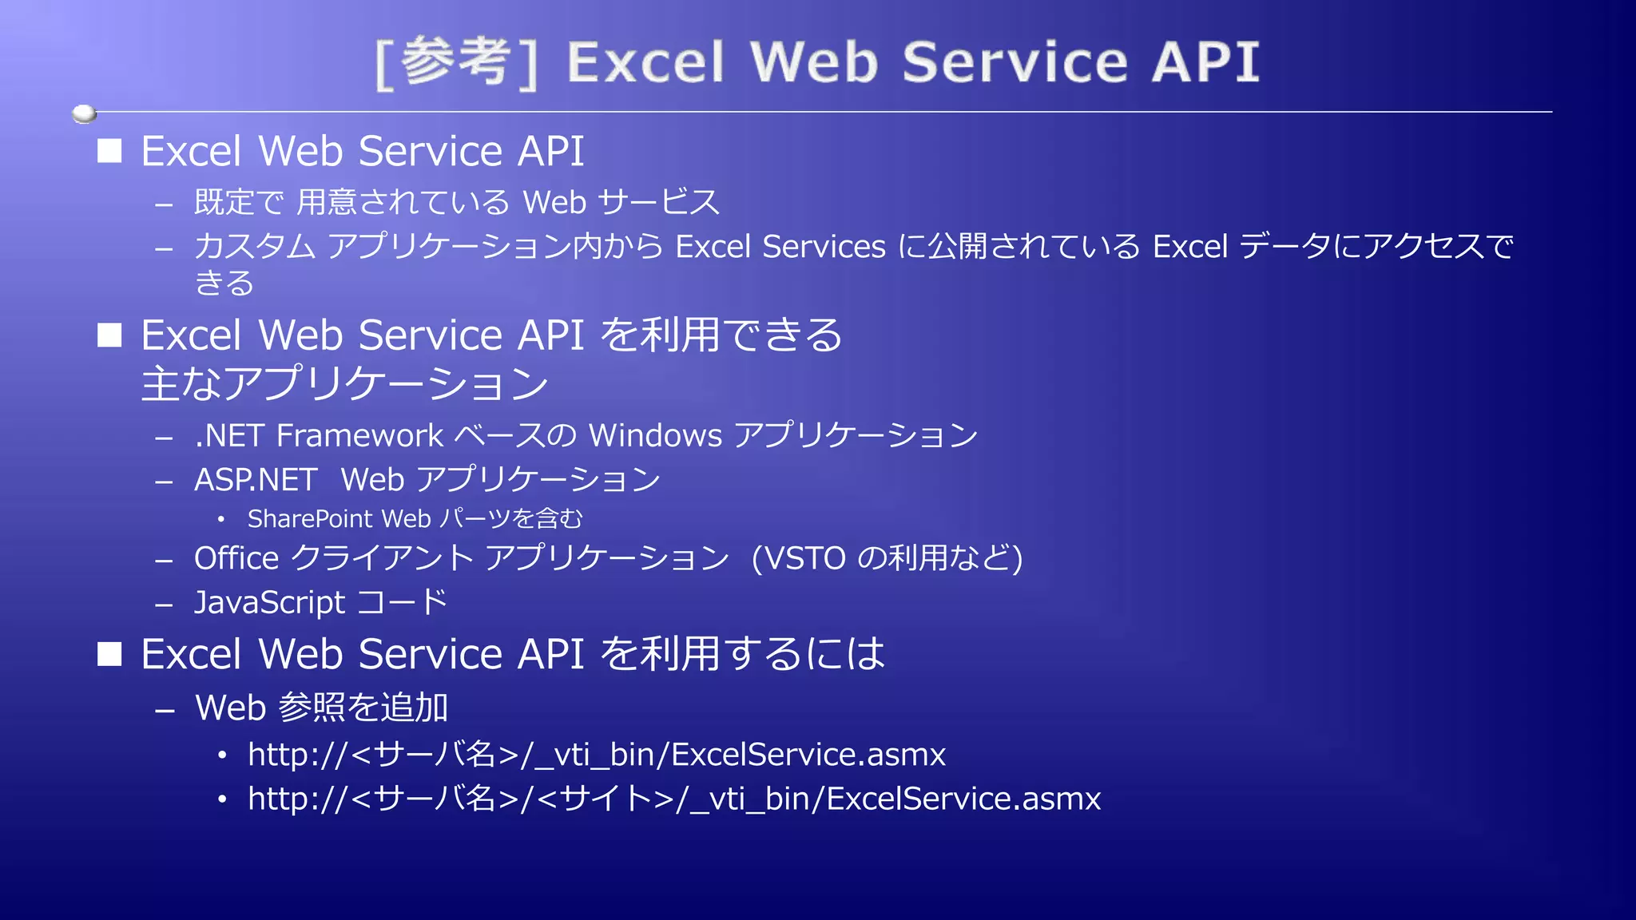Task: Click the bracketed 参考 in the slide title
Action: tap(456, 62)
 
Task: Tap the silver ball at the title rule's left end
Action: tap(84, 114)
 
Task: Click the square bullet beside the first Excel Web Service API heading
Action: tap(109, 151)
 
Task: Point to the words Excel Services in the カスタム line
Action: tap(780, 247)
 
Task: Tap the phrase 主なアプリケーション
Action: tap(344, 384)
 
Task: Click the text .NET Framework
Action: tap(319, 436)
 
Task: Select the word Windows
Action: tap(655, 436)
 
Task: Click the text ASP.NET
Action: tap(256, 480)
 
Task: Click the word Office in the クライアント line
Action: tap(236, 558)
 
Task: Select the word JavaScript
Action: tap(270, 603)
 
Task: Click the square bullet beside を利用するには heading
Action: tap(109, 654)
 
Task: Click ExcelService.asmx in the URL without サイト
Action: tap(808, 755)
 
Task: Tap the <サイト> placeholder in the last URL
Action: tap(606, 799)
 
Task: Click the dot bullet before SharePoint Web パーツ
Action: tap(221, 520)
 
